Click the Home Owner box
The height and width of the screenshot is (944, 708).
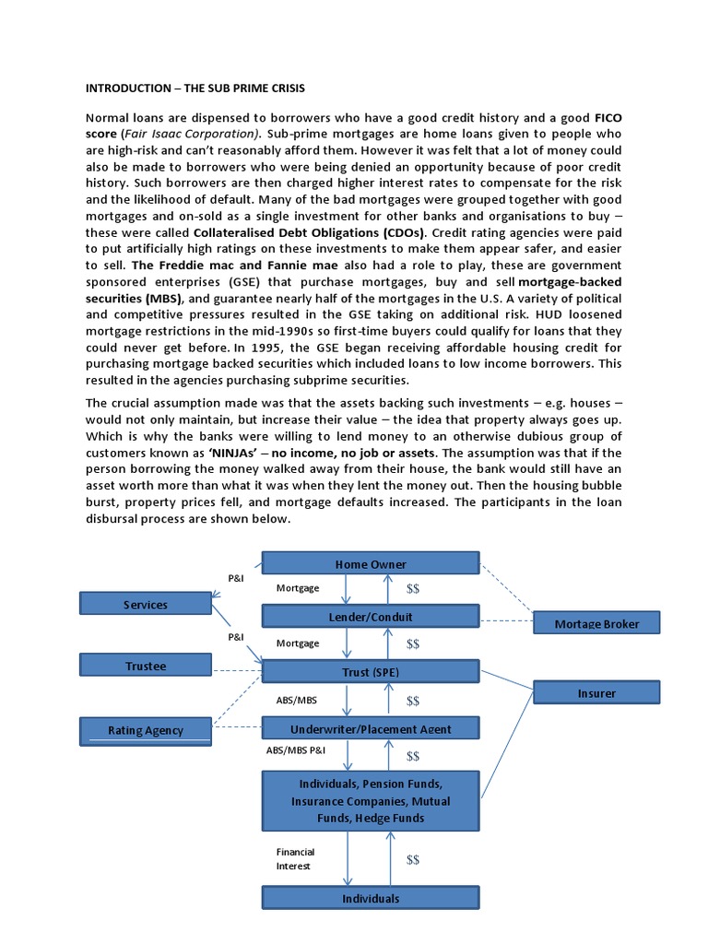coord(371,563)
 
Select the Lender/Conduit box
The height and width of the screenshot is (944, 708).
coord(371,616)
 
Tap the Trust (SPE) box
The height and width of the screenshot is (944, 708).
coord(371,672)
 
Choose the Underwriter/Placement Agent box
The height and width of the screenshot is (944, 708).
coord(371,728)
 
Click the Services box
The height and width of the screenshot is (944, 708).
coord(145,604)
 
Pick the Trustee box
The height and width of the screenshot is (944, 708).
coord(145,665)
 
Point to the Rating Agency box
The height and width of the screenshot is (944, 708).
coord(145,730)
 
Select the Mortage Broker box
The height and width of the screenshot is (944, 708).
coord(596,623)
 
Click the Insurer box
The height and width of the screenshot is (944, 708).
coord(596,692)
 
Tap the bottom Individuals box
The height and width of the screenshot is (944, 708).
coord(371,897)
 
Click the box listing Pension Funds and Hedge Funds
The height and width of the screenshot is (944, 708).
coord(371,800)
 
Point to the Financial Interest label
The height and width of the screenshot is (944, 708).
coord(295,859)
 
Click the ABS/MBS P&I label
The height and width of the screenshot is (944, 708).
coord(295,751)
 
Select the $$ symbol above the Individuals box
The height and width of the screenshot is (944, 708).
coord(412,859)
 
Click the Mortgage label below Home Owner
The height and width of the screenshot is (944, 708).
coord(298,587)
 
